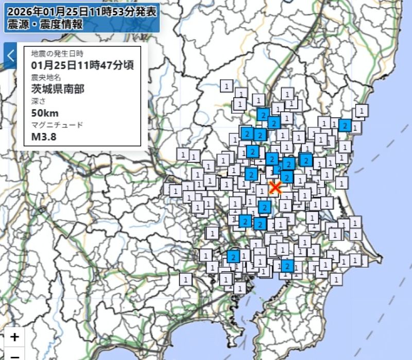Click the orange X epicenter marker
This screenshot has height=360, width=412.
[276, 187]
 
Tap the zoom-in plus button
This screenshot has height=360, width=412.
[15, 337]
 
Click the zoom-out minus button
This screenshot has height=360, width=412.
[15, 355]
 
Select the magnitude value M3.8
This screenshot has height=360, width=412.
[44, 136]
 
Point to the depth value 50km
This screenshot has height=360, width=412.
[45, 113]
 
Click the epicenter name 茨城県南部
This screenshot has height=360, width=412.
[57, 89]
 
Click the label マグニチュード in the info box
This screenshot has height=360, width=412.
[57, 125]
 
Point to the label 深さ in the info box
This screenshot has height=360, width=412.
[39, 101]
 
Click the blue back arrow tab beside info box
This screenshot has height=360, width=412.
[10, 56]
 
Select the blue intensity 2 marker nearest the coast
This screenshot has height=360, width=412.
[345, 125]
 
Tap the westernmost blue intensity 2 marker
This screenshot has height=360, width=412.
[233, 256]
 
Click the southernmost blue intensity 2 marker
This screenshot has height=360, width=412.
[287, 266]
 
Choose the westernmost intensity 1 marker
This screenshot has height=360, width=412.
[174, 191]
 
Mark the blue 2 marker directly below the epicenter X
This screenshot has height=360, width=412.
[265, 207]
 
